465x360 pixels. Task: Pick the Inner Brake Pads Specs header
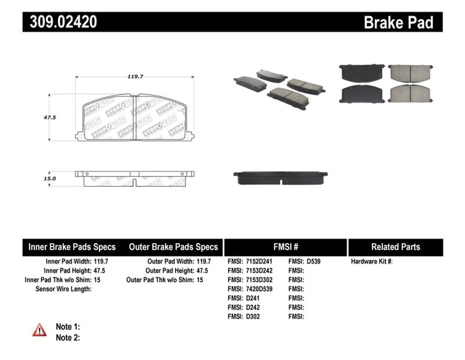[x=72, y=247]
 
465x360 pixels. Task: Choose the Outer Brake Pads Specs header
[x=174, y=247]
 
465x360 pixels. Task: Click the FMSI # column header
[x=285, y=247]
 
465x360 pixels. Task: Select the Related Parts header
[x=395, y=247]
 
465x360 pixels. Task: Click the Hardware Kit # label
[x=371, y=262]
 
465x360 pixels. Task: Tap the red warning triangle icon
[x=39, y=330]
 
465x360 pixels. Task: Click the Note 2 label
[x=68, y=337]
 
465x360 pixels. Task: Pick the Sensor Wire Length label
[x=64, y=289]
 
